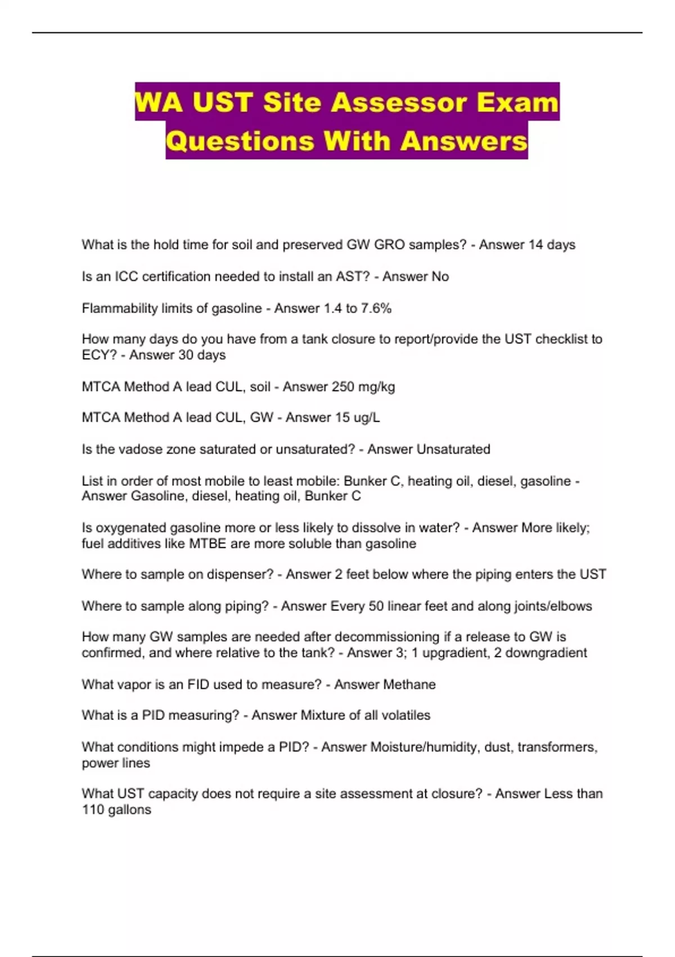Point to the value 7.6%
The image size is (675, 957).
pyautogui.click(x=376, y=308)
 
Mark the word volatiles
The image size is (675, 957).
pyautogui.click(x=406, y=715)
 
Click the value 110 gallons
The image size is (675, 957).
pyautogui.click(x=116, y=810)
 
